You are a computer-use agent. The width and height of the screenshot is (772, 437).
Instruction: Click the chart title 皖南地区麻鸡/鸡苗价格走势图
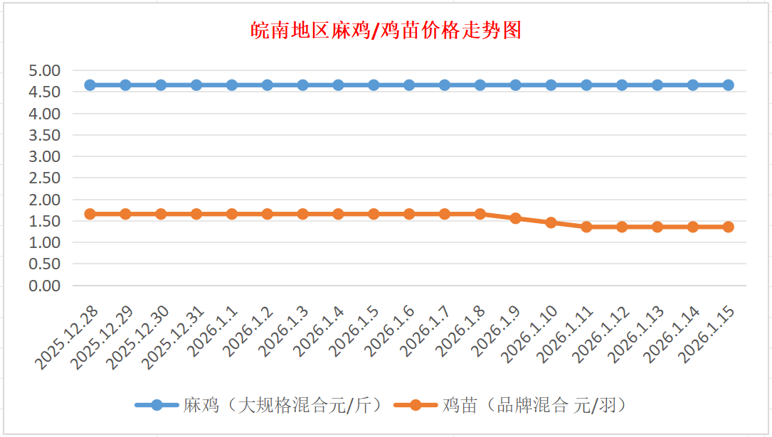[x=386, y=31]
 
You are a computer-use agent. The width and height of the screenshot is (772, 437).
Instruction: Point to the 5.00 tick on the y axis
[x=44, y=70]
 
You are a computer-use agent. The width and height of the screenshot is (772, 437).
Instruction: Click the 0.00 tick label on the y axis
[x=44, y=285]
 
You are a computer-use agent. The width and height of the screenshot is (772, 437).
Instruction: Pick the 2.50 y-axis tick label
[x=44, y=178]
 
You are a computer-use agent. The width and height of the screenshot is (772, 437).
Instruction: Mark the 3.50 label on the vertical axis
[x=44, y=135]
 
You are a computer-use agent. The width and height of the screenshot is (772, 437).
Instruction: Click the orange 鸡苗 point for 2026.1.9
[x=516, y=218]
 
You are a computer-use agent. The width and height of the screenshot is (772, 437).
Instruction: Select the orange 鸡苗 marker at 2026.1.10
[x=551, y=222]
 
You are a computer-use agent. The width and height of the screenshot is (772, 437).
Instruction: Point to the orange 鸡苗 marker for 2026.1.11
[x=586, y=227]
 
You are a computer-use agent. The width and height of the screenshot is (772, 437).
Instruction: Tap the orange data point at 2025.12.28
[x=90, y=214]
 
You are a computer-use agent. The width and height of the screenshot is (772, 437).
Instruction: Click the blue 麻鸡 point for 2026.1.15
[x=729, y=85]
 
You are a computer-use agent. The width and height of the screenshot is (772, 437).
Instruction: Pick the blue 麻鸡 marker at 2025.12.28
[x=90, y=85]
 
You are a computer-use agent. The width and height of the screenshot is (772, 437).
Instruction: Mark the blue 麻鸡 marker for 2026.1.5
[x=374, y=85]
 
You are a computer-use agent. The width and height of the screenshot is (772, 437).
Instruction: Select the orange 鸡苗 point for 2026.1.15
[x=729, y=227]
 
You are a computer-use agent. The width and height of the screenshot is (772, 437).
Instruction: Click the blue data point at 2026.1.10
[x=551, y=85]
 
